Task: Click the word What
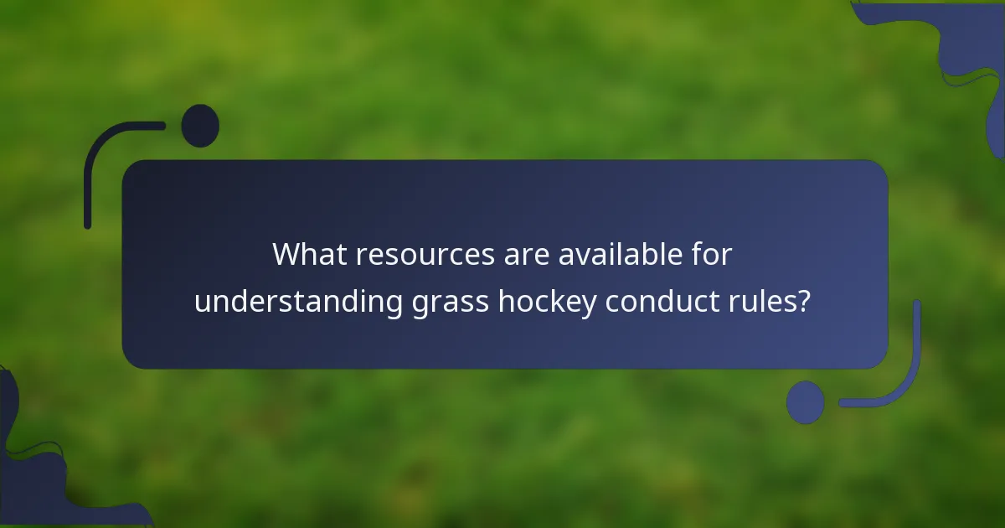(310, 254)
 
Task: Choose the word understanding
(298, 302)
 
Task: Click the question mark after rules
(804, 301)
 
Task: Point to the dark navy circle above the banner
(200, 126)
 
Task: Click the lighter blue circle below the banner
(805, 402)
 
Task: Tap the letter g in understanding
(393, 303)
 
